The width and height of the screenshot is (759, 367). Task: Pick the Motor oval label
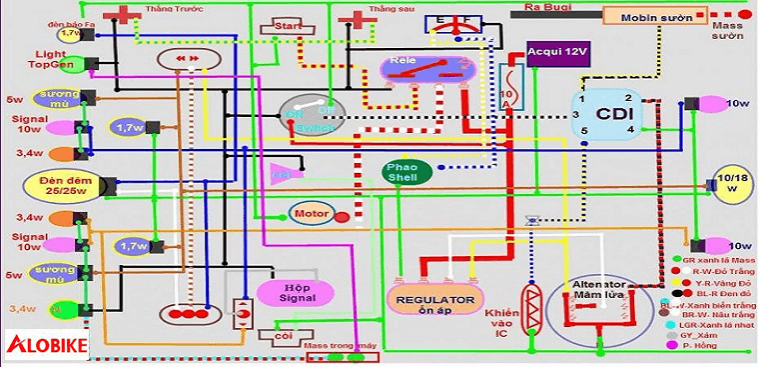[309, 214]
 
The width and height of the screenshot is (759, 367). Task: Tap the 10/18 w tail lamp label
[733, 183]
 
